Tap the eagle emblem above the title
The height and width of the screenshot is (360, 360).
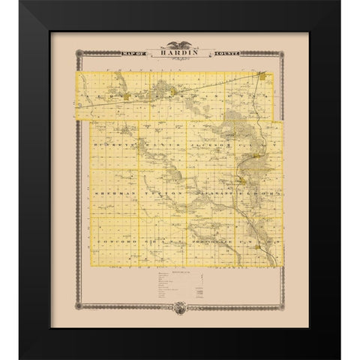(179, 44)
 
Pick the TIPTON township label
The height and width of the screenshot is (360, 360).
(158, 194)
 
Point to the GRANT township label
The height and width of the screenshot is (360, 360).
(158, 244)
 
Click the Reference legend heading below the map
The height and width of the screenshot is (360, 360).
(179, 272)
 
